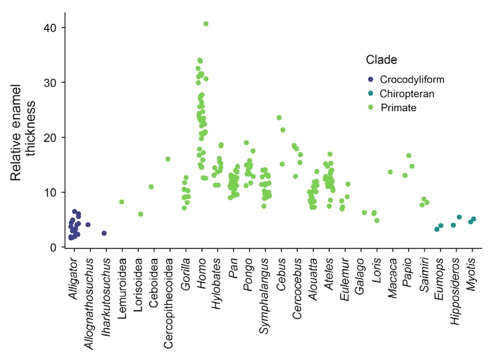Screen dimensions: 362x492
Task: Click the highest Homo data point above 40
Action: pyautogui.click(x=206, y=24)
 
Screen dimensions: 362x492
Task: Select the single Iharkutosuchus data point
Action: pyautogui.click(x=104, y=233)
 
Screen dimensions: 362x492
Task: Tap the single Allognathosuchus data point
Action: pyautogui.click(x=88, y=224)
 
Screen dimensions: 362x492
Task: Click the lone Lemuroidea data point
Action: pyautogui.click(x=122, y=202)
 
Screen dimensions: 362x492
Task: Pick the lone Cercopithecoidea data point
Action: pyautogui.click(x=168, y=159)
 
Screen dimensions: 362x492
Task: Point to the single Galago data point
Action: pyautogui.click(x=364, y=212)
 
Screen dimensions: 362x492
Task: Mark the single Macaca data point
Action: pyautogui.click(x=390, y=172)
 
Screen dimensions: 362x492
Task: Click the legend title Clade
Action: pyautogui.click(x=381, y=60)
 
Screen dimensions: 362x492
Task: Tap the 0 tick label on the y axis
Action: pyautogui.click(x=54, y=247)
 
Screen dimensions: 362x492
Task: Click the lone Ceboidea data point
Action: pyautogui.click(x=151, y=187)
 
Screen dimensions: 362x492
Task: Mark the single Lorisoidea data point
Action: pyautogui.click(x=140, y=214)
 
